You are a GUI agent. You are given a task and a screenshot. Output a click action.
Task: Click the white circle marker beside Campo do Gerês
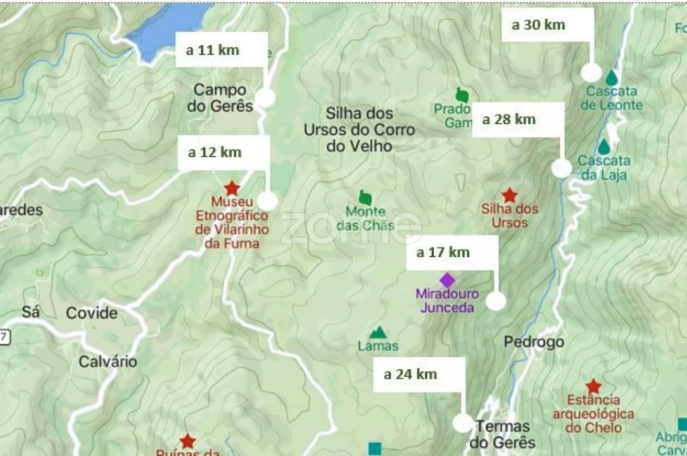pyautogui.click(x=266, y=98)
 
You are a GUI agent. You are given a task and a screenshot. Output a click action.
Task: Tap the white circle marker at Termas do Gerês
pyautogui.click(x=463, y=422)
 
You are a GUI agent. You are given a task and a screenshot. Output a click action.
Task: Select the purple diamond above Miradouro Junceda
pyautogui.click(x=447, y=280)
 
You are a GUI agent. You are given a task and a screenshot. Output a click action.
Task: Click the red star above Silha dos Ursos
pyautogui.click(x=509, y=195)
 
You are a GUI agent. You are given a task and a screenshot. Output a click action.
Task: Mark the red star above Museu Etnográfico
pyautogui.click(x=232, y=188)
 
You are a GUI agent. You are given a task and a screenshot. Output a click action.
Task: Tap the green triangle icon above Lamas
pyautogui.click(x=378, y=332)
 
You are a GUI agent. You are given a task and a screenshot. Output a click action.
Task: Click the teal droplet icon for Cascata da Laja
pyautogui.click(x=604, y=147)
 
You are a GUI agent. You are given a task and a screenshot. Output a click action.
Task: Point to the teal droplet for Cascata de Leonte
pyautogui.click(x=611, y=77)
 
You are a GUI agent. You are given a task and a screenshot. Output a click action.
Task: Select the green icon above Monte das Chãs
pyautogui.click(x=365, y=197)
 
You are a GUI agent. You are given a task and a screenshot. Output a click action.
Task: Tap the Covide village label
pyautogui.click(x=92, y=313)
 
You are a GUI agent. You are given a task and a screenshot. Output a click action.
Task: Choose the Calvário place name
pyautogui.click(x=108, y=362)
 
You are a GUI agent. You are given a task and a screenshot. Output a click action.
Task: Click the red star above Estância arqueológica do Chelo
pyautogui.click(x=593, y=386)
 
